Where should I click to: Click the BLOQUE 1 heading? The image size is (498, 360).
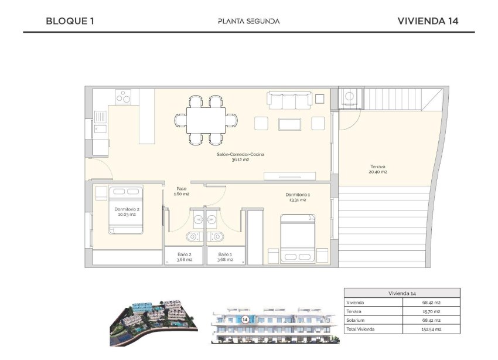point(70,21)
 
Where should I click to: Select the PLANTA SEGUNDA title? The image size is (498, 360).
point(248,21)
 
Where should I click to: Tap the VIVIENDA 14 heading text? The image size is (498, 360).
point(428,21)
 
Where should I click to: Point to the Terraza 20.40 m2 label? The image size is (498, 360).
point(378,169)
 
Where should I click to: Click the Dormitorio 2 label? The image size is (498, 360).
point(127,212)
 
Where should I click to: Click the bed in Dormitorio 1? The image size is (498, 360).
point(298,237)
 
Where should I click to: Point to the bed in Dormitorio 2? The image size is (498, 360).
point(127,209)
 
